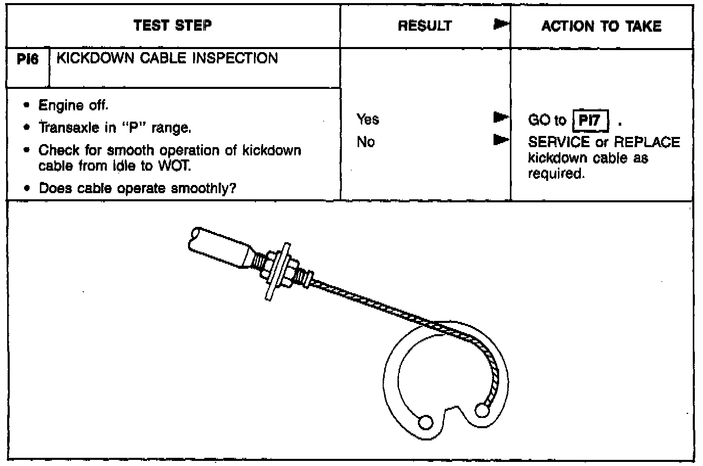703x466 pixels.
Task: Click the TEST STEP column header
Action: (x=173, y=26)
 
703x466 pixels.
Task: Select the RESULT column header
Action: (x=425, y=26)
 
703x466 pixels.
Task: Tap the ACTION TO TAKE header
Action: (x=601, y=26)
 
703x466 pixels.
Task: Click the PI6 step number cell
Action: (x=28, y=60)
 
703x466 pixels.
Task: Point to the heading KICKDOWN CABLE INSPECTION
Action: (x=167, y=58)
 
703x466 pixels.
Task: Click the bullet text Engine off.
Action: (x=74, y=106)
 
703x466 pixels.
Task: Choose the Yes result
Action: (x=368, y=120)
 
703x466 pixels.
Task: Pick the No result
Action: (x=366, y=142)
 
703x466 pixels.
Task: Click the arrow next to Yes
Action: (x=501, y=118)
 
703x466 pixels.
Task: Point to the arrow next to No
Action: (x=501, y=139)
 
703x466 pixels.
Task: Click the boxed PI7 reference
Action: (x=590, y=121)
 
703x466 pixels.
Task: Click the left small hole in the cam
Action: (x=425, y=422)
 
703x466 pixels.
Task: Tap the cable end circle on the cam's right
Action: (x=482, y=410)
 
